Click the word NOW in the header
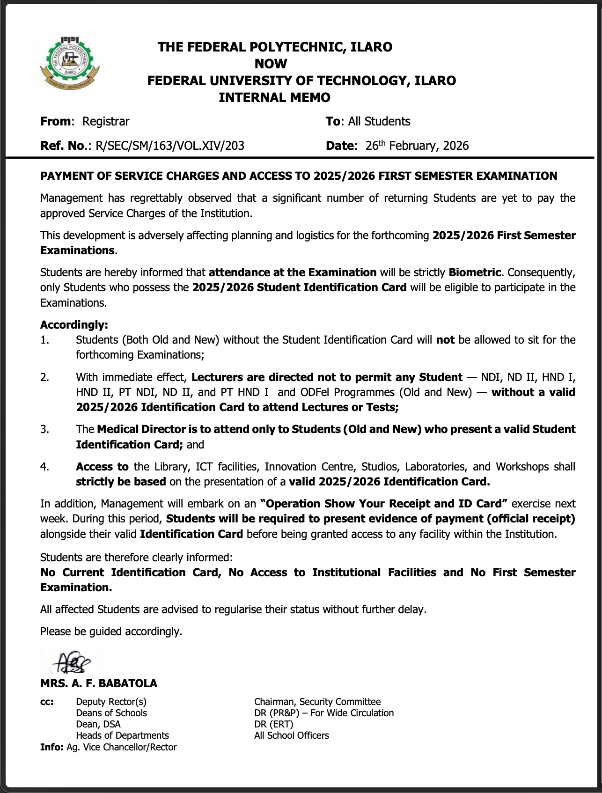click(271, 64)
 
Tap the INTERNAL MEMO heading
click(274, 97)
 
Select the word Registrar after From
click(106, 121)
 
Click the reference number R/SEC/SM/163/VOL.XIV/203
click(169, 146)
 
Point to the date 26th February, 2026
click(417, 146)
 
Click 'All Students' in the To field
click(379, 121)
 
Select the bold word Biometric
click(475, 272)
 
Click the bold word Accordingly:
click(74, 325)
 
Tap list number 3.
click(44, 429)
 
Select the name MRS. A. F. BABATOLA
click(99, 683)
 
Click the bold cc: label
click(47, 702)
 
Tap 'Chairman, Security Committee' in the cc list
click(317, 702)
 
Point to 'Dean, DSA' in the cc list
click(98, 724)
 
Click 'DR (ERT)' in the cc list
click(274, 724)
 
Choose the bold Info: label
click(51, 747)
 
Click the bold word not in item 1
click(445, 340)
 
